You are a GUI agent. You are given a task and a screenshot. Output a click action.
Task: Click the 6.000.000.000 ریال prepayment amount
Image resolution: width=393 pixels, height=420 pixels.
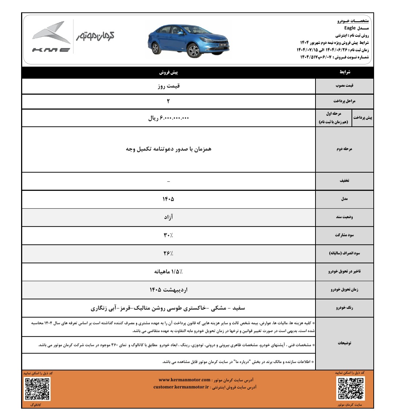click(x=168, y=118)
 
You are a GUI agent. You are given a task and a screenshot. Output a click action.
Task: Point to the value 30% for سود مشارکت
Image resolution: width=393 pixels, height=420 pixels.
click(x=168, y=235)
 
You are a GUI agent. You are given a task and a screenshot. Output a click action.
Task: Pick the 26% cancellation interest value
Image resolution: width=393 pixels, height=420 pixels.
click(x=168, y=253)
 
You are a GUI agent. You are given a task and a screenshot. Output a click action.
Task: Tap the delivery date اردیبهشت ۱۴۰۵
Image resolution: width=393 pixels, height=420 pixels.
click(x=168, y=290)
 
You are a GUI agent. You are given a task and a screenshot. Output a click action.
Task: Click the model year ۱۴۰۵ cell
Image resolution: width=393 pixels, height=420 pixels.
click(x=168, y=199)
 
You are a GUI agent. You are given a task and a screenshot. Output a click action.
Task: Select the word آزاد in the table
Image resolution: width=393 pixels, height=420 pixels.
click(x=168, y=217)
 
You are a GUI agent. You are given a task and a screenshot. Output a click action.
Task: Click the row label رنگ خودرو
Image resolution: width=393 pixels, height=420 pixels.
click(x=344, y=308)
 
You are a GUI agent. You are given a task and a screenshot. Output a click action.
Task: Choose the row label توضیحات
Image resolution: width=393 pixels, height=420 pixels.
click(x=344, y=343)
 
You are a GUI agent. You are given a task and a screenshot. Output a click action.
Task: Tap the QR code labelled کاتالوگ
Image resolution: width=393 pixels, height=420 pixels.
click(x=37, y=389)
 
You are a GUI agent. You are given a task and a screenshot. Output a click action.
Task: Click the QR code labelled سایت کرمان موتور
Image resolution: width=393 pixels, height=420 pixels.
click(x=350, y=388)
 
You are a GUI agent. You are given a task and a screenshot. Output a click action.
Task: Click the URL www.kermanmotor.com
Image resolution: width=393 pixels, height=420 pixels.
click(x=184, y=380)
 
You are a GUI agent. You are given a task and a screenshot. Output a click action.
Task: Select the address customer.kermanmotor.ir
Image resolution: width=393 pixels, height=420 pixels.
click(x=181, y=387)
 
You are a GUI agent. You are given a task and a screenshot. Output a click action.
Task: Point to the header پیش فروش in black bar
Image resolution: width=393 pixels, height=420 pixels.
click(x=168, y=72)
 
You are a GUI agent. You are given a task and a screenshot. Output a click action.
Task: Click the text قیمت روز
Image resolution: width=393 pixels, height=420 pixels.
click(x=168, y=86)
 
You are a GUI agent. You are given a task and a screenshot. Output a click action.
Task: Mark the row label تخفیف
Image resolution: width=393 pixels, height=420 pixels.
click(x=344, y=181)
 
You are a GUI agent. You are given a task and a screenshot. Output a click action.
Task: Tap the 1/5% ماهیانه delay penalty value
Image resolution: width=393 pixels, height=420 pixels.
click(x=168, y=271)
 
